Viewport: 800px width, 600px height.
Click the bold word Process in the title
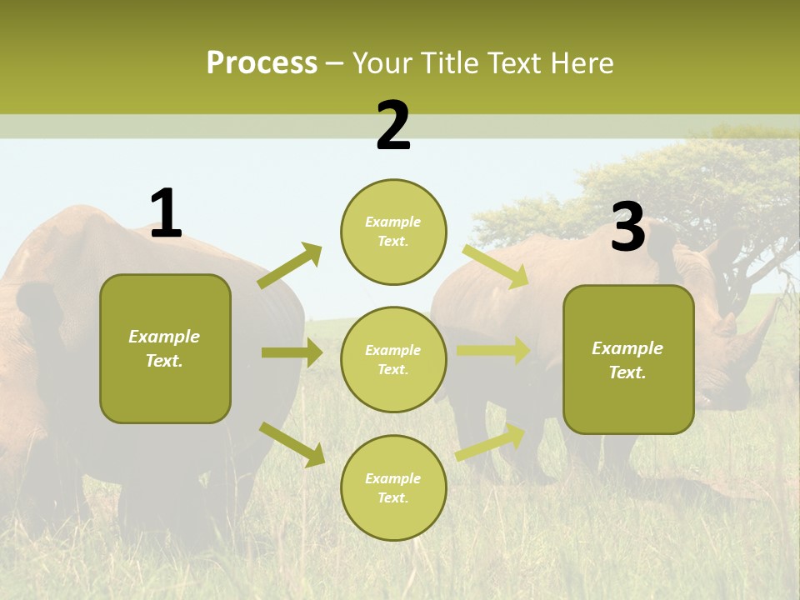(262, 62)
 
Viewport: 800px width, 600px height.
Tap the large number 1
(166, 214)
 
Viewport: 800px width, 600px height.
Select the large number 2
(393, 126)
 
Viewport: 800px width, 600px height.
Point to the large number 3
(627, 227)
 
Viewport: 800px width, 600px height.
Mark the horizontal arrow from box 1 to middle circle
(292, 352)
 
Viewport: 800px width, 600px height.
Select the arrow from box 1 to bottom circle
(292, 443)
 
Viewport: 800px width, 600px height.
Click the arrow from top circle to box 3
(496, 266)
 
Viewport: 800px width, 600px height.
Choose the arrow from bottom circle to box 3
(491, 442)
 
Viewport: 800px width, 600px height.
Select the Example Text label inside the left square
(164, 348)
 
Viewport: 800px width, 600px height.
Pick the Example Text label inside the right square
(627, 360)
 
